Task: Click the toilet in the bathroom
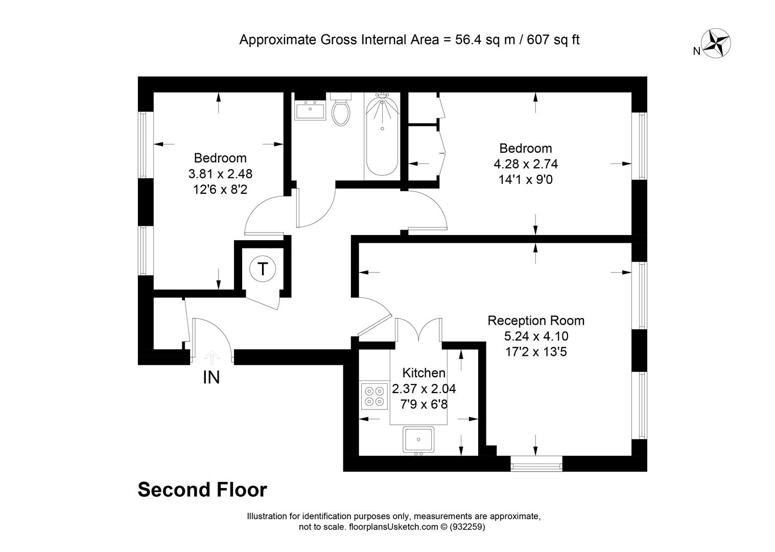coord(341,109)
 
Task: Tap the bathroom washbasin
coord(310,110)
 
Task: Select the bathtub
coord(382,136)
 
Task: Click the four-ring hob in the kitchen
coord(374,396)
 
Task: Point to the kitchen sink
coord(418,440)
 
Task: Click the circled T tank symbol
coord(263,269)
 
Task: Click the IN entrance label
coord(212,377)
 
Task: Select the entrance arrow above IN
coord(212,358)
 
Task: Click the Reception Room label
coord(536,320)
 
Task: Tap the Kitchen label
coord(424,373)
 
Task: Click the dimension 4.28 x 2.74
coord(526,164)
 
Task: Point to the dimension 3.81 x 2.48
coord(220,173)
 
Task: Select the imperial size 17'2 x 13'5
coord(536,352)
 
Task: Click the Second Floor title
coord(202,490)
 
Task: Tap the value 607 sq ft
coord(553,40)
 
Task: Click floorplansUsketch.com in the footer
coord(393,527)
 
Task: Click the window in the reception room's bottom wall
coord(536,464)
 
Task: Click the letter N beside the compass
coord(697,51)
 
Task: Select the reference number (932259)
coord(467,527)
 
